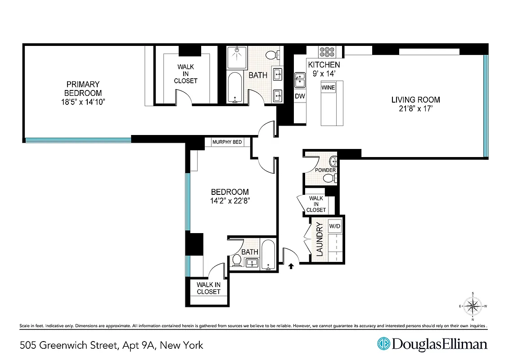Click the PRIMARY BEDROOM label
pos(83,89)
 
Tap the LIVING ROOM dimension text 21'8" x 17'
pos(415,109)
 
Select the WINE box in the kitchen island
pos(328,88)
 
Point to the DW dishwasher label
pos(300,96)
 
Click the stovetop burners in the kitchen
pos(326,51)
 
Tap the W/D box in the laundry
pos(334,226)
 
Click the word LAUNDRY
pos(320,239)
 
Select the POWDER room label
pos(325,170)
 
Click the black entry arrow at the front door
pos(291,266)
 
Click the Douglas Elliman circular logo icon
pos(383,344)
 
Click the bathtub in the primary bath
pos(235,88)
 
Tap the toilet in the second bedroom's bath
pos(237,261)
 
